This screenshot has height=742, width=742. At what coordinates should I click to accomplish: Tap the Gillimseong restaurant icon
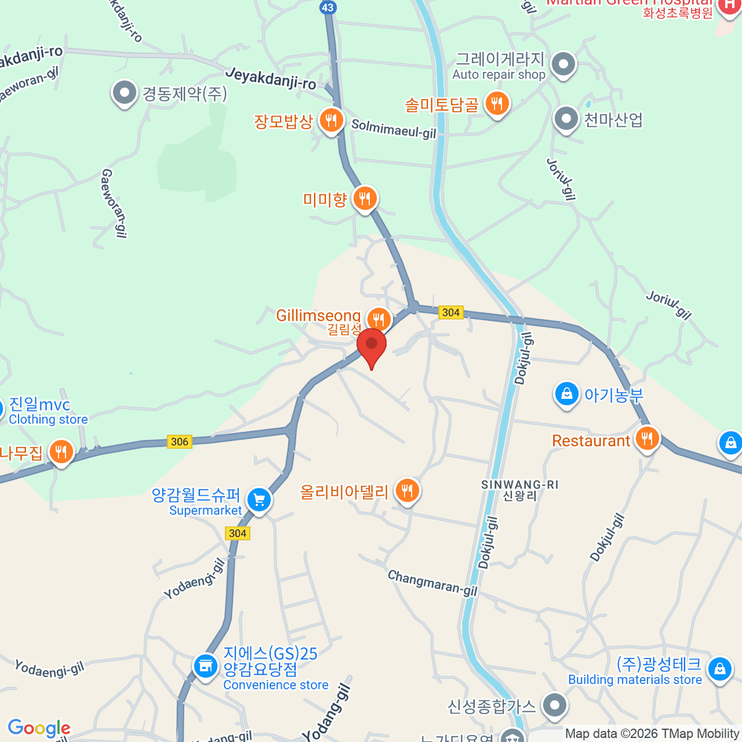[x=378, y=320]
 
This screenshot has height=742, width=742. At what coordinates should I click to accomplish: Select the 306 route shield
[x=179, y=441]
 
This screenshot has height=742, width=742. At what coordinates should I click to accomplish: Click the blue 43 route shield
[x=328, y=7]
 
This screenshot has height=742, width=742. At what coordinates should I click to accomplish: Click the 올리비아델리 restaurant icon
[x=407, y=491]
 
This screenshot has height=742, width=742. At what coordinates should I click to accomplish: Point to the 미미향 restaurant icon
[x=365, y=198]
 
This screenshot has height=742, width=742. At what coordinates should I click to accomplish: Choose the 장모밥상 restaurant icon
[x=331, y=120]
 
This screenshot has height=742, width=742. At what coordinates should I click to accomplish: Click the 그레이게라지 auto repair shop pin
[x=563, y=64]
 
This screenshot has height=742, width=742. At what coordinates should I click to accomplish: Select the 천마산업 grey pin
[x=566, y=119]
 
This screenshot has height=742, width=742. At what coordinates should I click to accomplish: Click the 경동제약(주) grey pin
[x=124, y=93]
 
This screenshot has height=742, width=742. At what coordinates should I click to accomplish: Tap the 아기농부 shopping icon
[x=566, y=393]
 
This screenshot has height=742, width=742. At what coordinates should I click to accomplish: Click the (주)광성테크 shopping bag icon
[x=719, y=669]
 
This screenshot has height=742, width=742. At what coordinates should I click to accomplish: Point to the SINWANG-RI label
[x=519, y=485]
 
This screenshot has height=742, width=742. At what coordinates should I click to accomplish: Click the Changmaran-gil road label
[x=432, y=582]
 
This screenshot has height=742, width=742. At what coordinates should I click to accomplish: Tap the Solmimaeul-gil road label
[x=394, y=129]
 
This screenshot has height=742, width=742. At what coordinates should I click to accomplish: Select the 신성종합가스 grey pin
[x=555, y=705]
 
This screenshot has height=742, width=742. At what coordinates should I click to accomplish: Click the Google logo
[x=39, y=728]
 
